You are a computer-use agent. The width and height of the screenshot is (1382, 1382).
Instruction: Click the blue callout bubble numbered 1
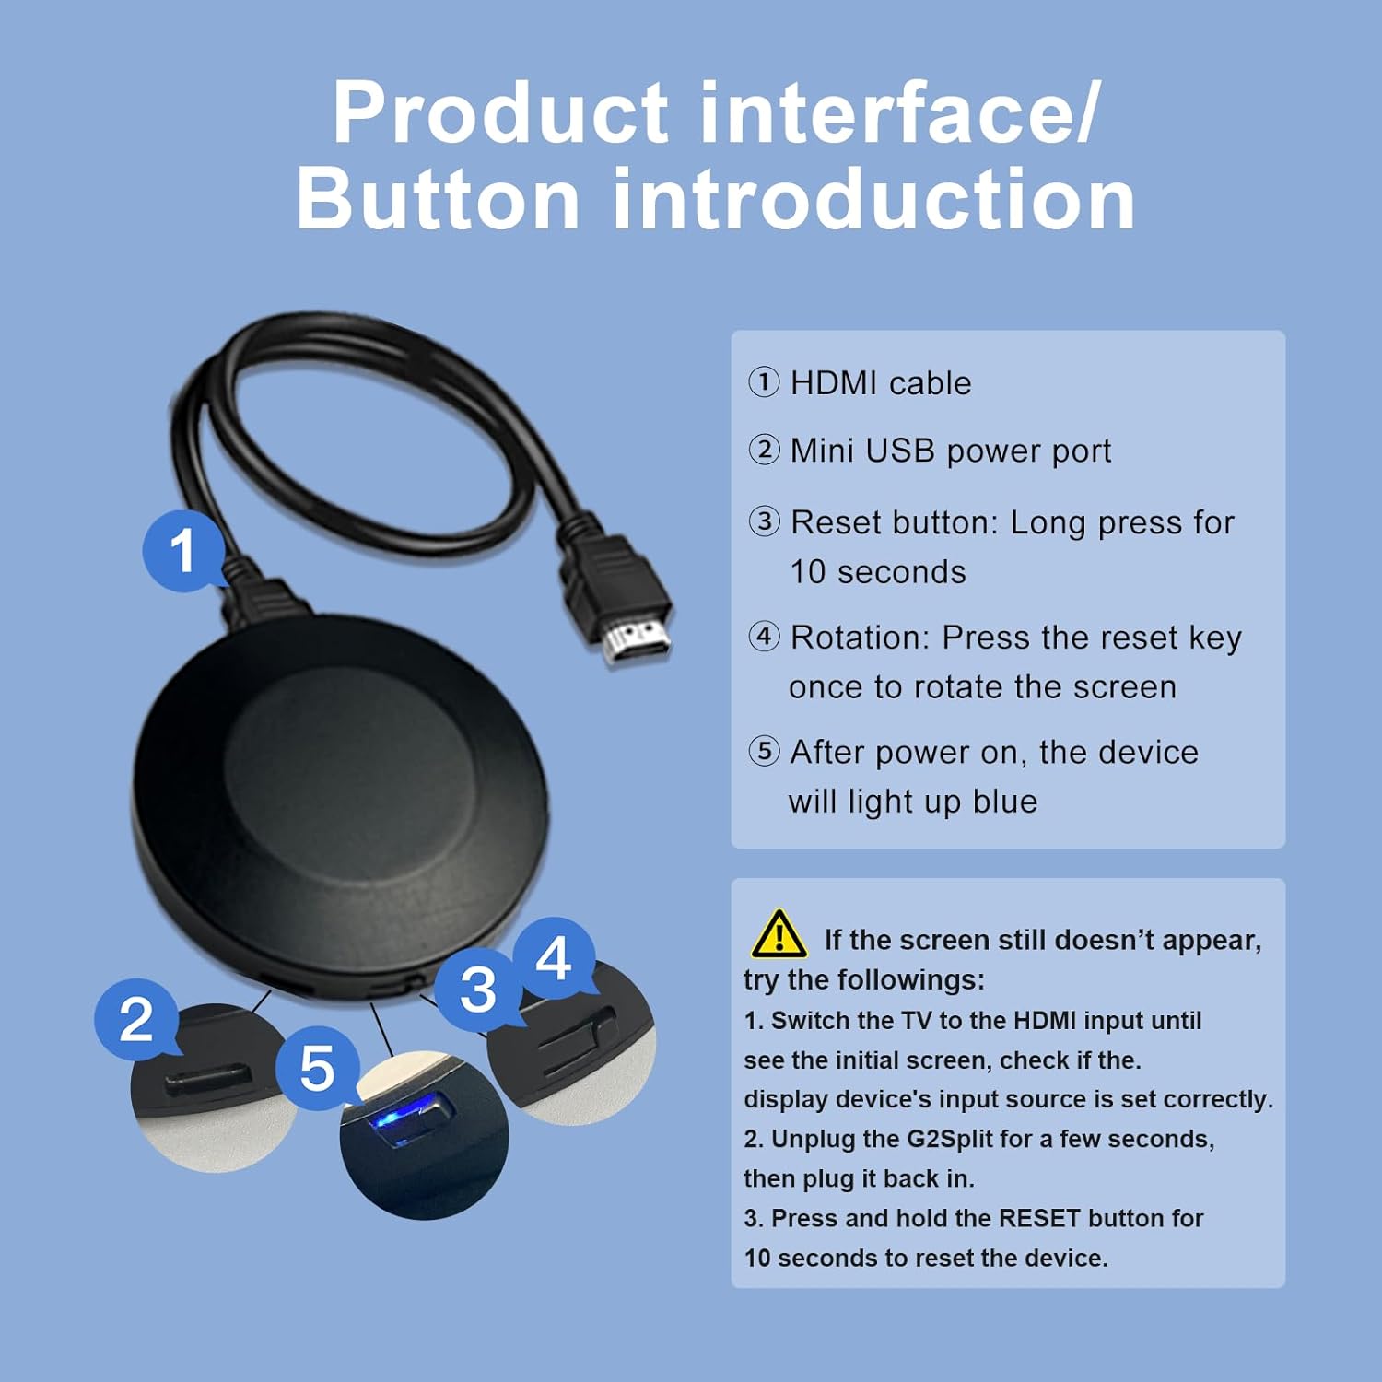[x=182, y=550]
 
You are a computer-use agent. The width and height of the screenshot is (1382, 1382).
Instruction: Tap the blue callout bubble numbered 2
[x=136, y=1019]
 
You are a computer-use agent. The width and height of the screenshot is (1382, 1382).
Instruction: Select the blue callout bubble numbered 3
[x=478, y=990]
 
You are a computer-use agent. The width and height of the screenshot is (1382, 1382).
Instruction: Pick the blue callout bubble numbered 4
[x=553, y=959]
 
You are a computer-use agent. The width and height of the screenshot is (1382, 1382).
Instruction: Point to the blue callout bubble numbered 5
[x=317, y=1069]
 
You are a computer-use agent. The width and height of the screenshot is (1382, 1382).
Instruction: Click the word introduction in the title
[x=873, y=200]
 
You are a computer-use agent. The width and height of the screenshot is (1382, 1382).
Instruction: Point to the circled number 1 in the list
[x=764, y=381]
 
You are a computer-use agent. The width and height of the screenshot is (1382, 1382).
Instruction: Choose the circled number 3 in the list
[x=764, y=521]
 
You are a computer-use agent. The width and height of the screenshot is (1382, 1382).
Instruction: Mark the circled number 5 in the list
[x=764, y=751]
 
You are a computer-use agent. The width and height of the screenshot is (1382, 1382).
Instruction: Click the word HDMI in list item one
[x=834, y=382]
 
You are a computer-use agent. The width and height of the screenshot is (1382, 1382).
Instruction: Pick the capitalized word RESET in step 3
[x=1039, y=1218]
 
